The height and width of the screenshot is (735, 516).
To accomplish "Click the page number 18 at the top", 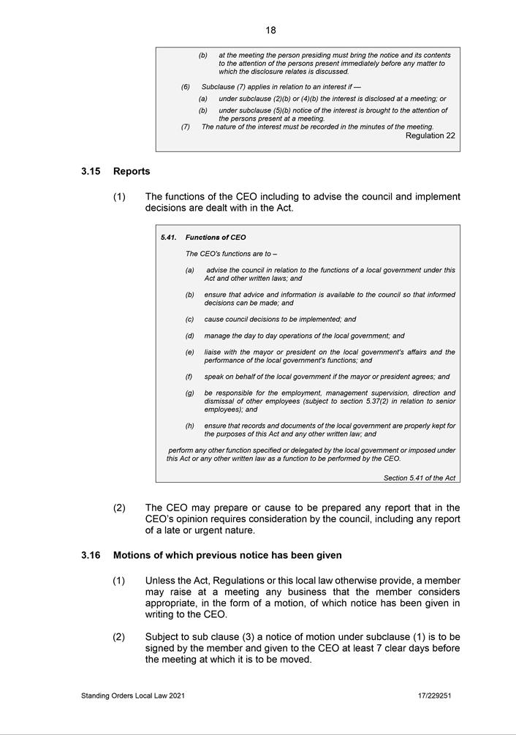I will coord(270,30).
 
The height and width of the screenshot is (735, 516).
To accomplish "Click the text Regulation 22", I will coord(430,135).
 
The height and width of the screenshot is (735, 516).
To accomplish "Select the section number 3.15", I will coord(91,171).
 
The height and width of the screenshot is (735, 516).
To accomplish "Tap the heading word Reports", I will coord(132,171).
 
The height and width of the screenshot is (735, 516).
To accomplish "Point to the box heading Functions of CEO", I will coord(216,237).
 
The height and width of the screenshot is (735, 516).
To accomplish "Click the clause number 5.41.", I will coord(169,237).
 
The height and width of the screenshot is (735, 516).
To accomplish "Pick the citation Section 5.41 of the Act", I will coord(420,478).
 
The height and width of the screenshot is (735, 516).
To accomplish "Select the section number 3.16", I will coord(91,555).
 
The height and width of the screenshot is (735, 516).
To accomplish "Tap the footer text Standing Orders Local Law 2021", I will coord(133,696).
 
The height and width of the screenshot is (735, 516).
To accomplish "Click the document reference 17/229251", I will coord(434,696).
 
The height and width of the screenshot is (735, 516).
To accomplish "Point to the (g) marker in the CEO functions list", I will coord(189,393).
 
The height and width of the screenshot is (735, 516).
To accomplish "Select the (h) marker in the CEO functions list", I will coord(189,426).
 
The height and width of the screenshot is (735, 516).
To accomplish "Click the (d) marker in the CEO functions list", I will coord(189,336).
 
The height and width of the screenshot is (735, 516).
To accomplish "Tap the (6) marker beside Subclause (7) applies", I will coord(186,87).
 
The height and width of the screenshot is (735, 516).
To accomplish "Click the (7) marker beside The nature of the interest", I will coord(186,127).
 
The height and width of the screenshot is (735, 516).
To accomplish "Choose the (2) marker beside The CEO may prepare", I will coord(119,508).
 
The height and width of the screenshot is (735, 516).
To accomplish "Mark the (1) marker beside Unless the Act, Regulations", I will coord(119,581).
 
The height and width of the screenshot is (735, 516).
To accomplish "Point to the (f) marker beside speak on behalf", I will coord(189,377).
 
